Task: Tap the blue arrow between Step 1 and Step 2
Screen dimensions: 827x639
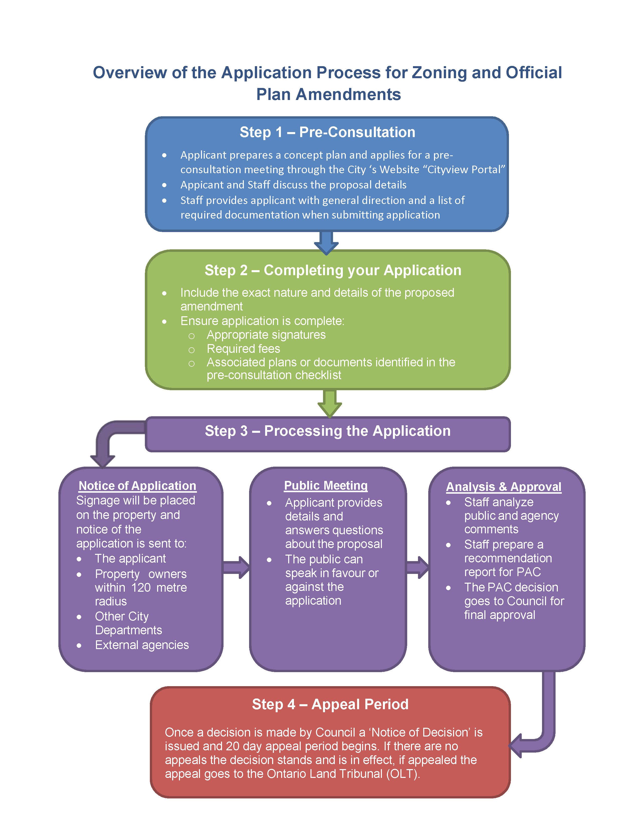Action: click(x=326, y=242)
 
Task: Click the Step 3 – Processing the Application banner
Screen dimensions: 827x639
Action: click(x=328, y=431)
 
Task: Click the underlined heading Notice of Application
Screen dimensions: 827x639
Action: click(x=137, y=486)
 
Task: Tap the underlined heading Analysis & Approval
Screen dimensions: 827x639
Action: click(x=503, y=487)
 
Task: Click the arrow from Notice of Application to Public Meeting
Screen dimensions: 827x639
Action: click(x=237, y=567)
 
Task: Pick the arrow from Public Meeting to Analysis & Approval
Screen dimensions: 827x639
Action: click(x=417, y=567)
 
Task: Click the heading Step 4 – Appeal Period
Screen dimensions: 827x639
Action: click(x=330, y=704)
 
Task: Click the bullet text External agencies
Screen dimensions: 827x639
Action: click(x=142, y=645)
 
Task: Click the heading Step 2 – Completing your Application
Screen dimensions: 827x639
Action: click(x=333, y=270)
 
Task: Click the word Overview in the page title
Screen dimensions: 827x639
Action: click(x=130, y=73)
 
